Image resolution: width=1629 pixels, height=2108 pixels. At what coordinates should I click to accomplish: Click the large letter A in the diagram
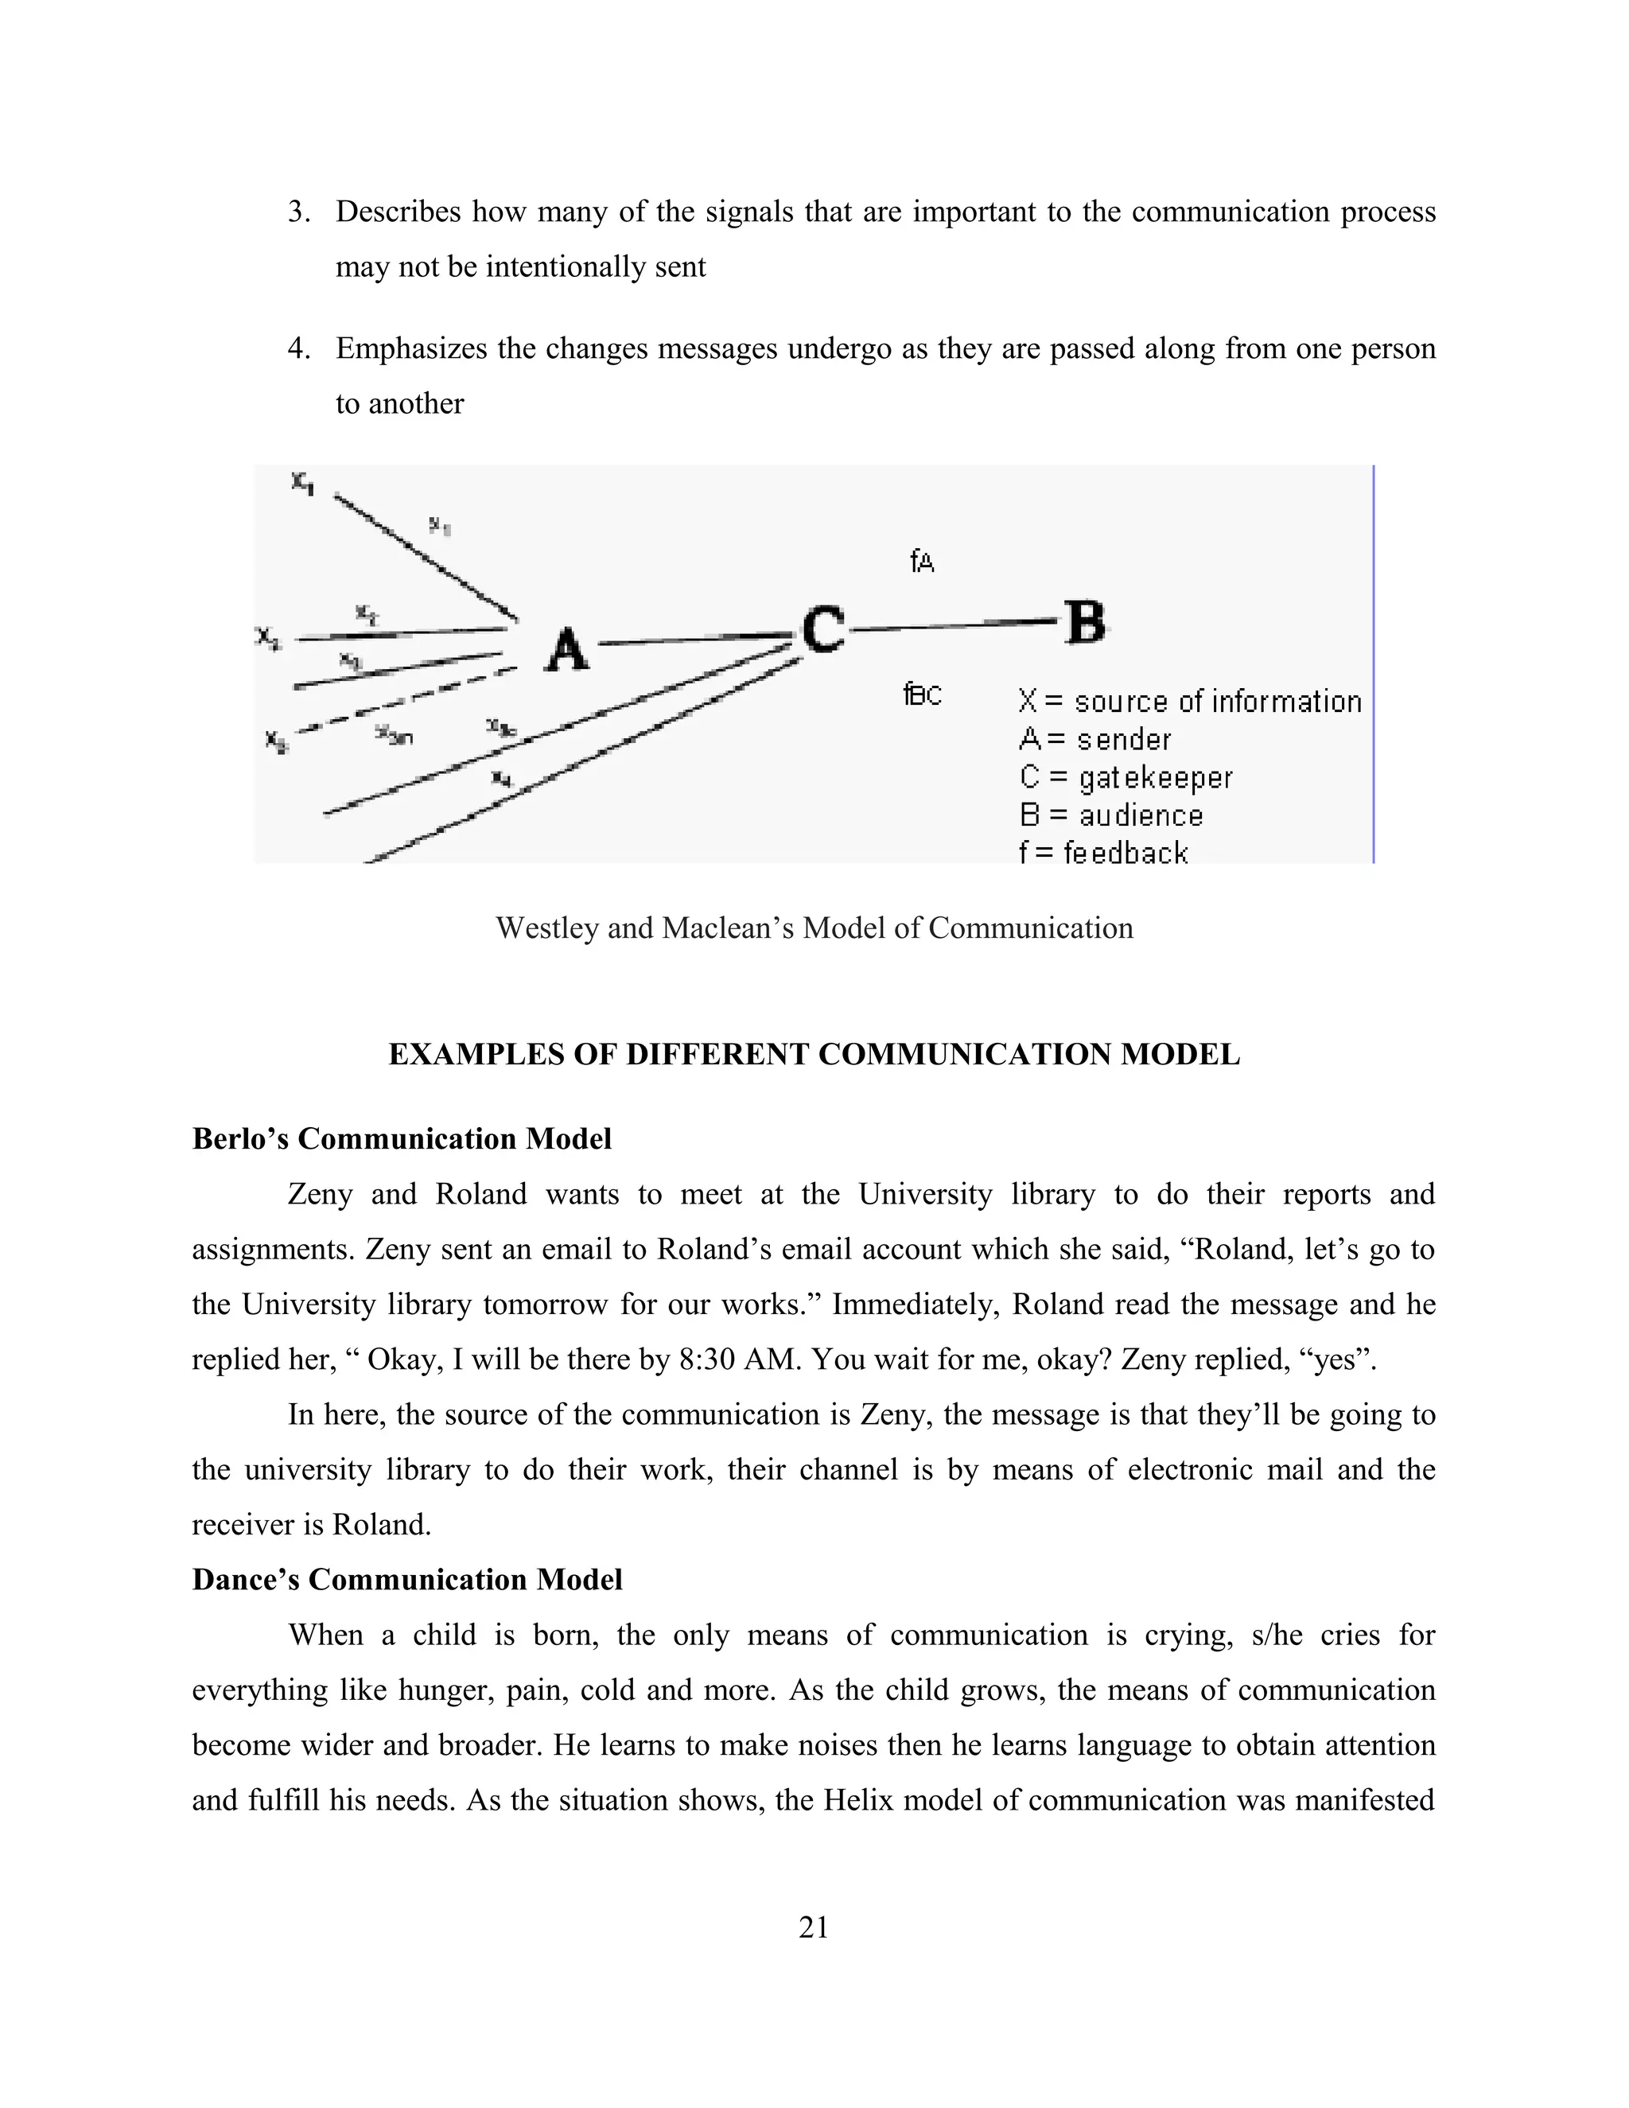(x=567, y=648)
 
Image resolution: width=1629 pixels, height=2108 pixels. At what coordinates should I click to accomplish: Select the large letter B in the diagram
(x=1085, y=623)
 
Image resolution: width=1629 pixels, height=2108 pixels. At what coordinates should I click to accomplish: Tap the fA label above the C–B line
(x=923, y=561)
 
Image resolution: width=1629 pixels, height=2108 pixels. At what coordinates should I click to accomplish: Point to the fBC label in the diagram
(x=923, y=694)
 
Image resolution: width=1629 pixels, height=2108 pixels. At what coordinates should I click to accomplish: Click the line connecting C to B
(x=955, y=625)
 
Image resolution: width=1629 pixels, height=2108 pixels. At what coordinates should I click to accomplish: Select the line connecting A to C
(x=695, y=639)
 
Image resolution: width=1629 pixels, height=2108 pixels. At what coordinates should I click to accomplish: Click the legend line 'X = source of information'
(x=1189, y=702)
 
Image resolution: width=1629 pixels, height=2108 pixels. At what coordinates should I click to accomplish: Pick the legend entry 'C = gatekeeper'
(x=1126, y=778)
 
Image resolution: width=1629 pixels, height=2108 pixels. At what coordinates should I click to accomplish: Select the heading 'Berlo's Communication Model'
(x=402, y=1139)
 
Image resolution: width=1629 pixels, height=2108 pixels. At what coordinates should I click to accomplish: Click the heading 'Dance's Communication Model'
(x=407, y=1580)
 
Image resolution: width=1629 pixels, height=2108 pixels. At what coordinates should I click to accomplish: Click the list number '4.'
(x=299, y=348)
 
